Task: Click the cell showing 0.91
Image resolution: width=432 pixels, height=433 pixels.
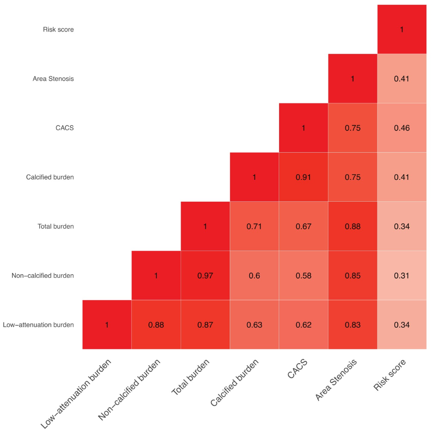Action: (x=303, y=177)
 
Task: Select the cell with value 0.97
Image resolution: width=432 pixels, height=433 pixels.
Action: (x=205, y=275)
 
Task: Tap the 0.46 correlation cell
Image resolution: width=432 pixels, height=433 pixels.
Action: (x=402, y=128)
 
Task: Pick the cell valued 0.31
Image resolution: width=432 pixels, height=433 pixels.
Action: (x=402, y=275)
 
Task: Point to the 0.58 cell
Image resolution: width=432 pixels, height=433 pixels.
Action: (x=303, y=275)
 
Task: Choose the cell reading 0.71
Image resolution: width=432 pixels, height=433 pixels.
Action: (x=254, y=226)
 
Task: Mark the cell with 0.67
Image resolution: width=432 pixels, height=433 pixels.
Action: (x=303, y=226)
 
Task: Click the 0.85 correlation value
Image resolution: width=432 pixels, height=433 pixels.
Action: (x=352, y=275)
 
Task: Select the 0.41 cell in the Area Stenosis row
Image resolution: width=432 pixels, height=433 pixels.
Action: (x=402, y=79)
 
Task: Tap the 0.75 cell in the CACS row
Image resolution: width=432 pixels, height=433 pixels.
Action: (x=352, y=128)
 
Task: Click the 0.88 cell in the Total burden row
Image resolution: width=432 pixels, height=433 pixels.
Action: (x=352, y=226)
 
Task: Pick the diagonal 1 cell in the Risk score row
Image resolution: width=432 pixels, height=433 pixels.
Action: (x=402, y=29)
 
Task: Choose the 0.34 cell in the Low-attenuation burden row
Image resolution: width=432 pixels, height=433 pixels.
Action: (x=402, y=325)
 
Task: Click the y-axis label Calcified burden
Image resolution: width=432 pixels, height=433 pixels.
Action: (x=50, y=177)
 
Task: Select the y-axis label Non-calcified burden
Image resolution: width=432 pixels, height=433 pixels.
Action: (x=43, y=275)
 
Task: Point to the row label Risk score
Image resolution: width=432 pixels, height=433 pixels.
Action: (x=58, y=29)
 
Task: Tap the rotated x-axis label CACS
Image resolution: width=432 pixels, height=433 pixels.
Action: (x=297, y=369)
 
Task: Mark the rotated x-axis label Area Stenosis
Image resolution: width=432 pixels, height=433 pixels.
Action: (x=336, y=380)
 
